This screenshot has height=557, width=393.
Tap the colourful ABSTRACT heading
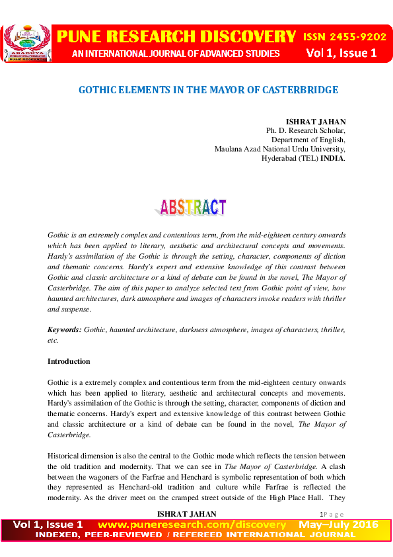193,208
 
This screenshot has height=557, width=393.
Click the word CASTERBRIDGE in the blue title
301,89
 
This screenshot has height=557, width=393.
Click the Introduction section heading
69,362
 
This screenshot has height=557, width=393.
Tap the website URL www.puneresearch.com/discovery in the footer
192,525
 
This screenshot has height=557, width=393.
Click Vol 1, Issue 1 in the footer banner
48,525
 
